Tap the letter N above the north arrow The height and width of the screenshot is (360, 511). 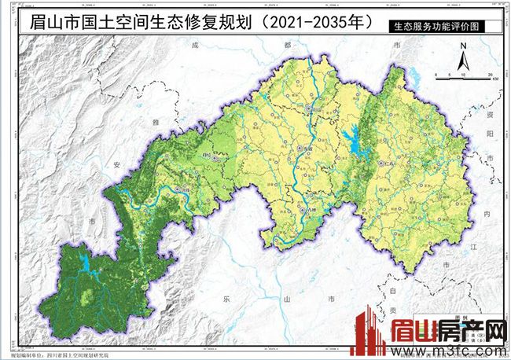464,46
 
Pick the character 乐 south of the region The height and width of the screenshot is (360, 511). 225,299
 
